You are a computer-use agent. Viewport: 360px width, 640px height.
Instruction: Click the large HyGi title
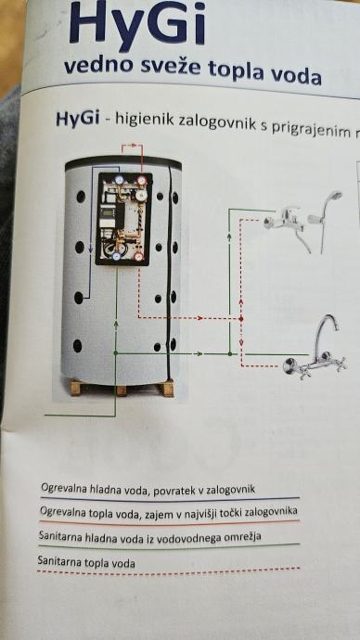137,24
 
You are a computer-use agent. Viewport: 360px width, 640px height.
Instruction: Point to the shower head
334,198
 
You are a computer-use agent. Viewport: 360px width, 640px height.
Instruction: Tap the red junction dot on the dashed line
241,318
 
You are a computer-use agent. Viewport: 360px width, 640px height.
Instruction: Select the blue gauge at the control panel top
119,180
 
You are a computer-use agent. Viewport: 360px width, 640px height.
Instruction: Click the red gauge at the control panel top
141,180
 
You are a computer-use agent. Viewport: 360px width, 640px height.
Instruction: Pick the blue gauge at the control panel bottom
117,256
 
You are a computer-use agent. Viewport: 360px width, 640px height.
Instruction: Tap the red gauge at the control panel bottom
139,256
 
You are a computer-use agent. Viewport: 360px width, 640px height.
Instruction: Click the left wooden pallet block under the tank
77,388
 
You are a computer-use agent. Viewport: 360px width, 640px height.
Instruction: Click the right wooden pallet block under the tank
167,389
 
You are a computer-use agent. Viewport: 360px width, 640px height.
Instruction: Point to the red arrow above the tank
132,145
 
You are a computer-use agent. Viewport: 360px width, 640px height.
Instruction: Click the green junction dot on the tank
116,352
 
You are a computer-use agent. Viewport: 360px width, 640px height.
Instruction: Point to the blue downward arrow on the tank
91,247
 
